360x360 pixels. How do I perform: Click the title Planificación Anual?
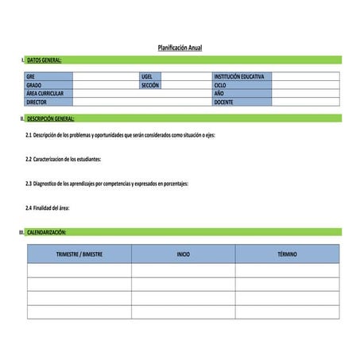point(180,48)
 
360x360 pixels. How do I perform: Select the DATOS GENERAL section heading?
point(44,60)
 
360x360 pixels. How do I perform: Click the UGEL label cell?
point(151,76)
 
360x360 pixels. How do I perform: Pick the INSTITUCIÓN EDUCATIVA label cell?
point(242,76)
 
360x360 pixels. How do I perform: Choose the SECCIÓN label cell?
point(151,85)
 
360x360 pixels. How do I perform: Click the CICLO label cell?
point(242,85)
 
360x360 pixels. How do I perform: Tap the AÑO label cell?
point(242,94)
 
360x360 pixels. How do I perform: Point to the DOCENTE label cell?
point(242,103)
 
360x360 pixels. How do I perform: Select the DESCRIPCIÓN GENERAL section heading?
point(50,118)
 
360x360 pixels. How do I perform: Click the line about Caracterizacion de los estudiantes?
point(64,159)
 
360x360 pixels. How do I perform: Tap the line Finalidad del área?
point(48,208)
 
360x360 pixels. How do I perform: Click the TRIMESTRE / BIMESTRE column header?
point(79,254)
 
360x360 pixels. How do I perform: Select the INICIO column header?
point(183,254)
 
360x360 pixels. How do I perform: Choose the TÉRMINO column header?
point(287,254)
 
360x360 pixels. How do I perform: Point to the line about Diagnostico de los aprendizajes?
point(106,184)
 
